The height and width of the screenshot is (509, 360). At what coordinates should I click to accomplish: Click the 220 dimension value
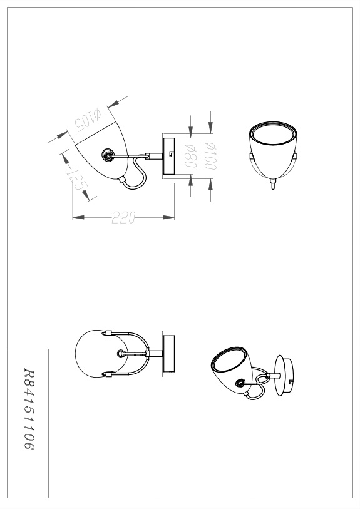click(123, 217)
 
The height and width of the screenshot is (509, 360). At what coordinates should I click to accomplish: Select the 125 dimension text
click(77, 180)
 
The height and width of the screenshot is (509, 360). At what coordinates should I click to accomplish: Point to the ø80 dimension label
click(191, 156)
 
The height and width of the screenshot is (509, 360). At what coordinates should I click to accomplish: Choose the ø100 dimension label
click(210, 156)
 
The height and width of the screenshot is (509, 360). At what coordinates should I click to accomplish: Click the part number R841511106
click(29, 409)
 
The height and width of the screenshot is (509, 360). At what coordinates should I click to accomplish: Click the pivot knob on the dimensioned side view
click(108, 155)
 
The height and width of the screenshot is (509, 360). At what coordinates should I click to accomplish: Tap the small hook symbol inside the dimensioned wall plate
click(171, 153)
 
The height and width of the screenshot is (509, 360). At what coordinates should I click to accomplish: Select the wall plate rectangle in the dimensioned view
click(168, 157)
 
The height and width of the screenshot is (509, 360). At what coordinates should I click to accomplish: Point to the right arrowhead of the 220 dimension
click(168, 217)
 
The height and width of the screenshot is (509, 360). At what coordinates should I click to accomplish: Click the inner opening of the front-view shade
click(274, 136)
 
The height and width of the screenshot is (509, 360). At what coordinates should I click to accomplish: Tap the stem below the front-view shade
click(273, 186)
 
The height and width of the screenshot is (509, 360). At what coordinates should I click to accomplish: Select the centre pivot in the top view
click(121, 353)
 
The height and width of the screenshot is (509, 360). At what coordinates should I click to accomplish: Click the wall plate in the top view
click(169, 354)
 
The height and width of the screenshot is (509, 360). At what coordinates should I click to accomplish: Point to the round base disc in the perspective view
click(284, 376)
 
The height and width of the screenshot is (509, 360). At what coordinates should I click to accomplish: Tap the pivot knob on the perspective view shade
click(240, 384)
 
